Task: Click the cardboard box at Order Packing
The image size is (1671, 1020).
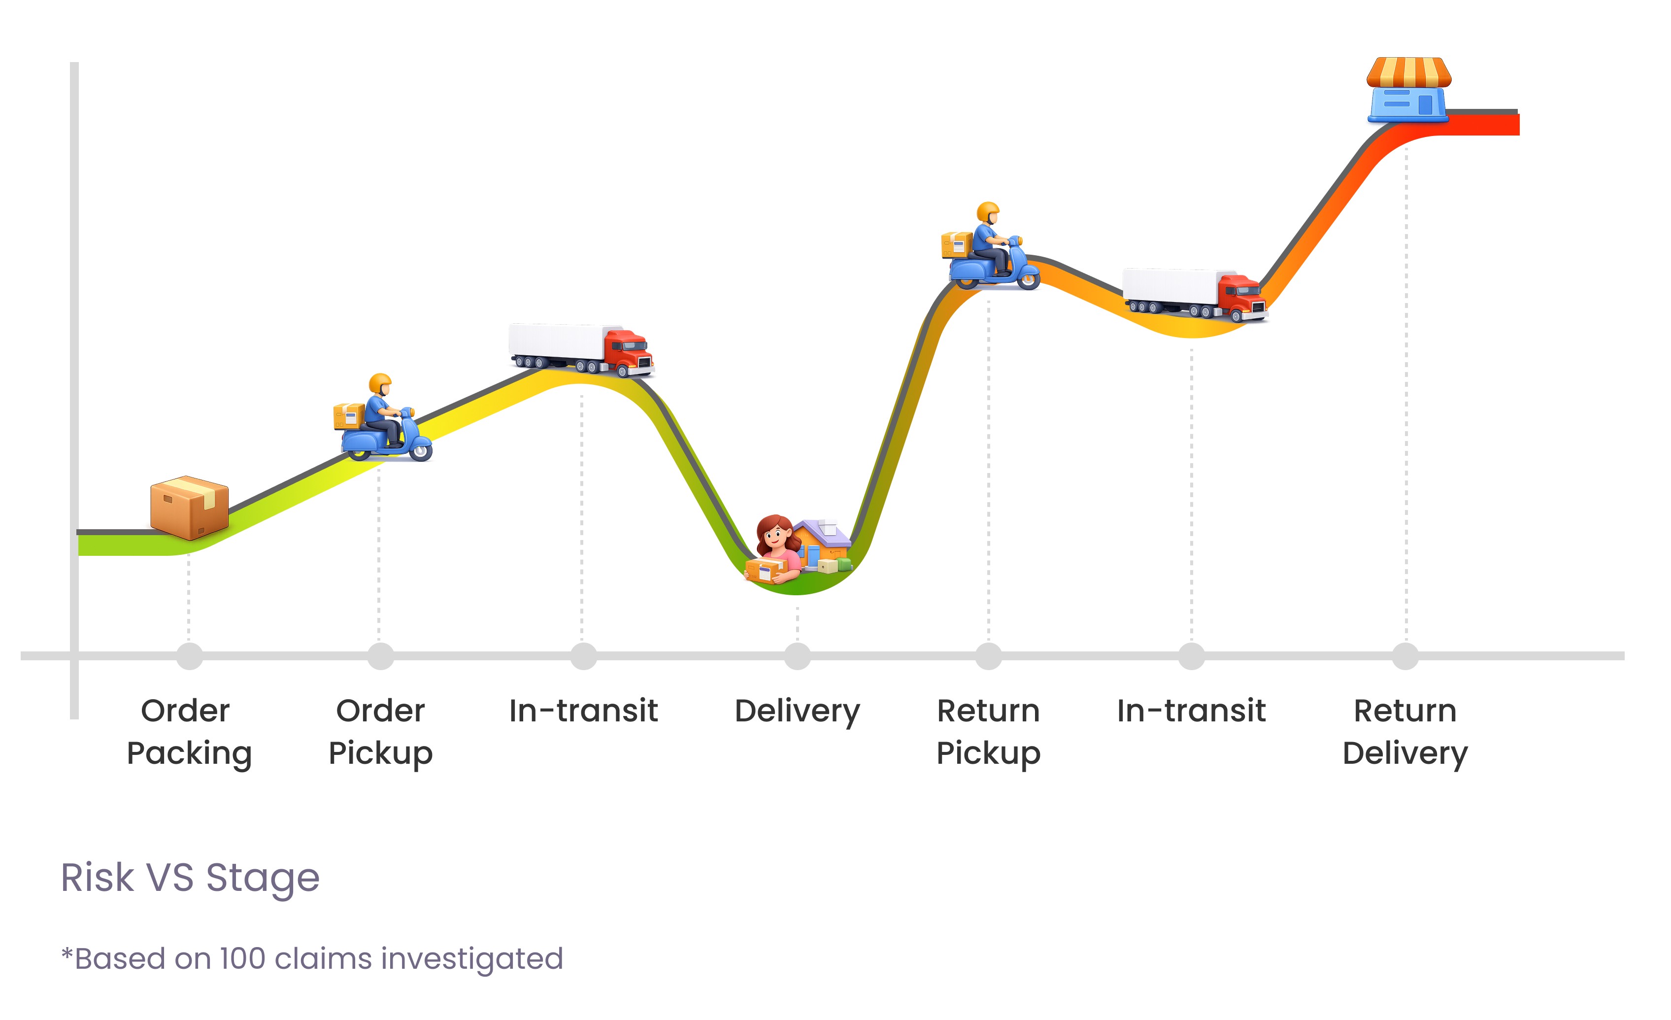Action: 189,509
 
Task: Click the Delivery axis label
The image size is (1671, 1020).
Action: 797,712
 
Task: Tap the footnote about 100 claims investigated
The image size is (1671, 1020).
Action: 312,959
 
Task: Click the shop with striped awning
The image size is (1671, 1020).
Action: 1408,90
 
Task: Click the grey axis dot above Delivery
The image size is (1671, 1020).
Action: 798,656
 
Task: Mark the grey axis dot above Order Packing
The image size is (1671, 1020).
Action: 189,656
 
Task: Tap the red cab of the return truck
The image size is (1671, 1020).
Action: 1241,296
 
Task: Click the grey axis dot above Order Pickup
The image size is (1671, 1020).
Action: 380,656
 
